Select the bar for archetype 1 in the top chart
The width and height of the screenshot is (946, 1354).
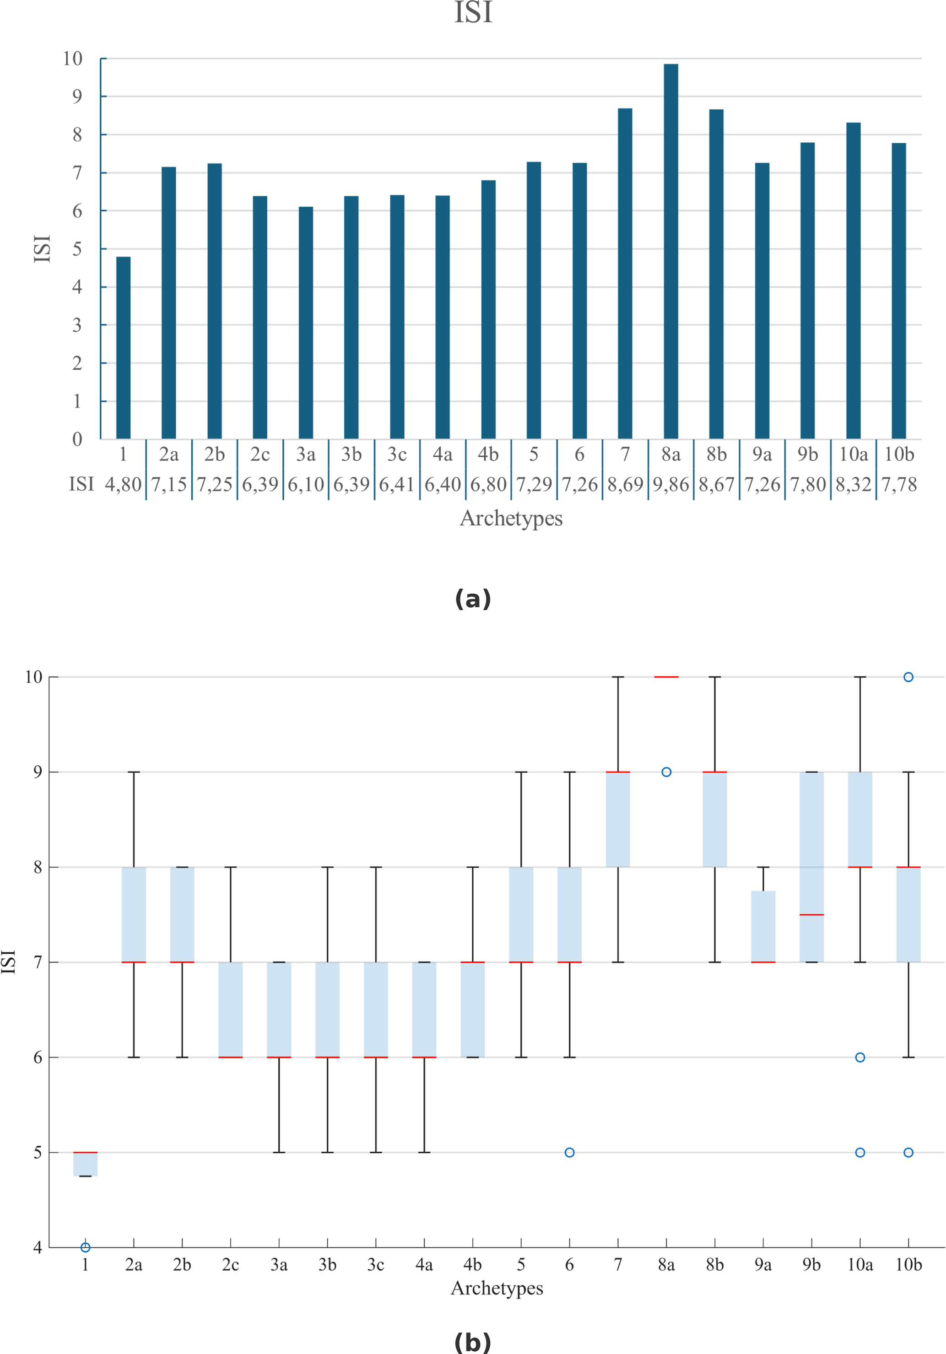point(123,347)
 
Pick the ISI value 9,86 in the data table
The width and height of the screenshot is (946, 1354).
point(670,484)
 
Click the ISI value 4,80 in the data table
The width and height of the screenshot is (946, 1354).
point(123,484)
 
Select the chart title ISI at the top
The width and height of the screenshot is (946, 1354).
point(473,13)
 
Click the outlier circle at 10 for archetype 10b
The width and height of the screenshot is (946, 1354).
point(908,677)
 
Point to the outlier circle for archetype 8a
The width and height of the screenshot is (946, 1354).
point(666,772)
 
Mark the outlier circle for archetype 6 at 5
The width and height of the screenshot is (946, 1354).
point(569,1152)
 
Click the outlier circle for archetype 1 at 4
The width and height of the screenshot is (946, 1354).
point(86,1247)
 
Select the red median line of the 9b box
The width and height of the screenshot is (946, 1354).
point(811,915)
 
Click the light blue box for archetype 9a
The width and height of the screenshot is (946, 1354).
point(763,927)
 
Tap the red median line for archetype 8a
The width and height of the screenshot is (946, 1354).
point(666,677)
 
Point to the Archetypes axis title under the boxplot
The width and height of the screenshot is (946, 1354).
point(497,1289)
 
